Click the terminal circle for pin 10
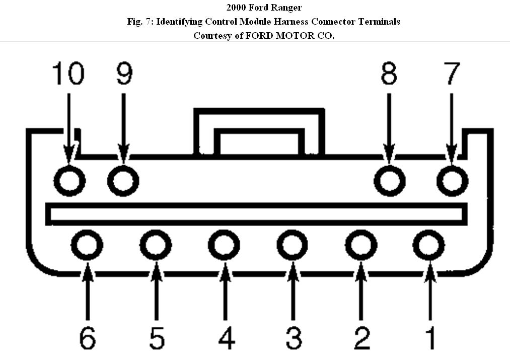(69, 180)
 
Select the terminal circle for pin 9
(123, 180)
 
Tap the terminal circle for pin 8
(391, 180)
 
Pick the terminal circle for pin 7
(452, 180)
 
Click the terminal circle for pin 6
(87, 246)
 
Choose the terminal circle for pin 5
(156, 246)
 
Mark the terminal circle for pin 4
(224, 246)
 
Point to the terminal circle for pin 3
(293, 246)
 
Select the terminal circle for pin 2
(361, 246)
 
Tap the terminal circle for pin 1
(429, 246)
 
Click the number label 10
(68, 74)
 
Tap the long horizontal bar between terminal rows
(256, 213)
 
